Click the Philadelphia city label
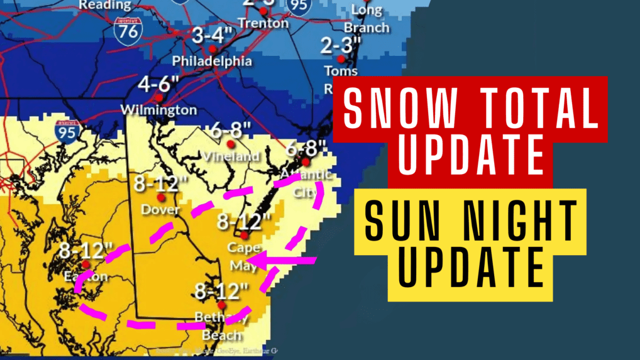click(212, 62)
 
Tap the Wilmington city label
click(158, 111)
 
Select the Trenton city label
click(263, 24)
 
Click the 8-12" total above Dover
click(160, 184)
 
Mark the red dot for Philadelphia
click(213, 49)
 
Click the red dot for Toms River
click(340, 59)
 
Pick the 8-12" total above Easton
click(86, 251)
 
